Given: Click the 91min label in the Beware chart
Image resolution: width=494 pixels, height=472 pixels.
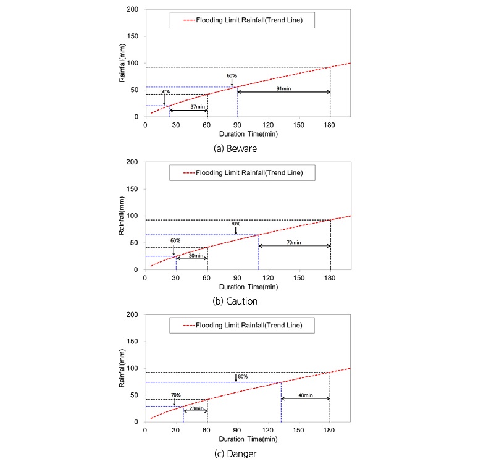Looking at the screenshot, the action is pos(283,88).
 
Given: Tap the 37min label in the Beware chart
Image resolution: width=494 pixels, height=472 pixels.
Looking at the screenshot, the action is pos(198,107).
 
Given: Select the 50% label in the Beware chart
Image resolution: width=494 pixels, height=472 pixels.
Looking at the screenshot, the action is pos(165,92).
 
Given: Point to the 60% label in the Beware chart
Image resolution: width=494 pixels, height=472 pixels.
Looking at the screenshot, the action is pos(232,75).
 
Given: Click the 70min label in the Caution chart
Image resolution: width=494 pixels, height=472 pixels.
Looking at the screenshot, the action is pos(294,242).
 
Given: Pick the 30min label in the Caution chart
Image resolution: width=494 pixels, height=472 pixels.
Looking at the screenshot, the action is pos(196,256).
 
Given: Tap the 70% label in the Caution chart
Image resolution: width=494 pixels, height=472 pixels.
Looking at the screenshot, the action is pos(235,224).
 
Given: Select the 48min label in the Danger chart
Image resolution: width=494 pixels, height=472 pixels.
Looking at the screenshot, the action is pos(306,395).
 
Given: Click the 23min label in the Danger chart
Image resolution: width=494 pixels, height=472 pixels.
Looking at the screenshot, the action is pos(196,408).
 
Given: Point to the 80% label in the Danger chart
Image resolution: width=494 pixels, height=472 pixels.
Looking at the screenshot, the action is pos(243,377).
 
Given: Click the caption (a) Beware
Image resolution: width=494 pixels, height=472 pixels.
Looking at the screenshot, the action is pos(235,148).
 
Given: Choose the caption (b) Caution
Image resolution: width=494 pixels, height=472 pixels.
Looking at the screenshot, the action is pos(235,301).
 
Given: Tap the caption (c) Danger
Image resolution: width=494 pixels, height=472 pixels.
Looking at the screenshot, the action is pos(235,453).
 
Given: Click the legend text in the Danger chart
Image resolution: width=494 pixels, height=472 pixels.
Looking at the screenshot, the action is pos(249,325).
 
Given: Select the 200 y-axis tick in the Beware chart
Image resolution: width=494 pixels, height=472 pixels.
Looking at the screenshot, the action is pos(133,9).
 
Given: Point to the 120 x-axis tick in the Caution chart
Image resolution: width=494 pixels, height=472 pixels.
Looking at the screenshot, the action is pos(268,278).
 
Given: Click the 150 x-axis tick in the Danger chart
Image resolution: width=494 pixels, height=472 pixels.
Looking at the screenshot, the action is pos(298,431).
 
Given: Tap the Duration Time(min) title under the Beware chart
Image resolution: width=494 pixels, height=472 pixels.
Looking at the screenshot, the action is pos(249,134).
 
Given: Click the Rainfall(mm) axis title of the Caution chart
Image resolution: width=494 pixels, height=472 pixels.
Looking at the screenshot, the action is pos(122,216).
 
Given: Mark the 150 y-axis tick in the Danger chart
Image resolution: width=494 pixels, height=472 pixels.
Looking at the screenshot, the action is pos(132,342).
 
